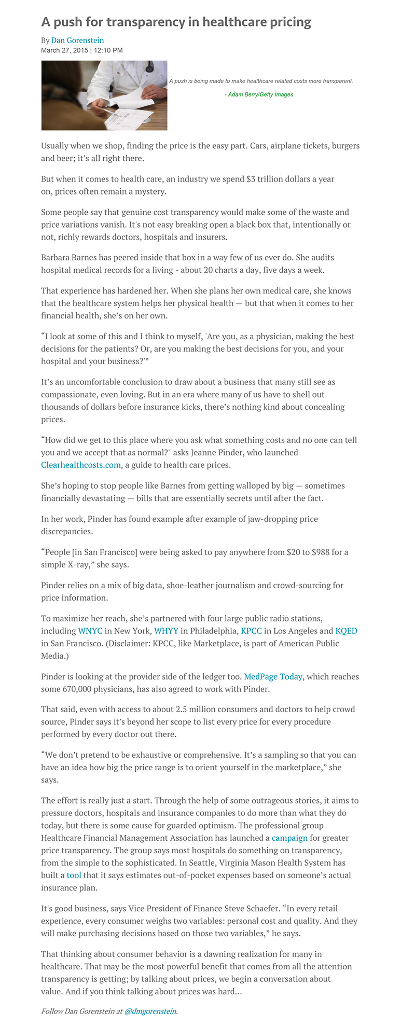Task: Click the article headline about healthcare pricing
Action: click(176, 22)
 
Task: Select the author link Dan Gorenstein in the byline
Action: click(77, 40)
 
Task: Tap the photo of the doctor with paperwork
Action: click(104, 95)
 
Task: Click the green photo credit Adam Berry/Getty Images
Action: click(259, 94)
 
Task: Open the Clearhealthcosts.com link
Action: click(81, 465)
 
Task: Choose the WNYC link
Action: click(90, 631)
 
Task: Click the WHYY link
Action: click(166, 631)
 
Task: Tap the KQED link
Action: click(346, 631)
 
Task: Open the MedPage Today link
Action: click(273, 676)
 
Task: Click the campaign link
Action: click(289, 838)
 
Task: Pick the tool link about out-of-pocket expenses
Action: click(74, 875)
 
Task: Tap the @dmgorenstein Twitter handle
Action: click(150, 1011)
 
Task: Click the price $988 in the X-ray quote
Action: click(320, 552)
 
